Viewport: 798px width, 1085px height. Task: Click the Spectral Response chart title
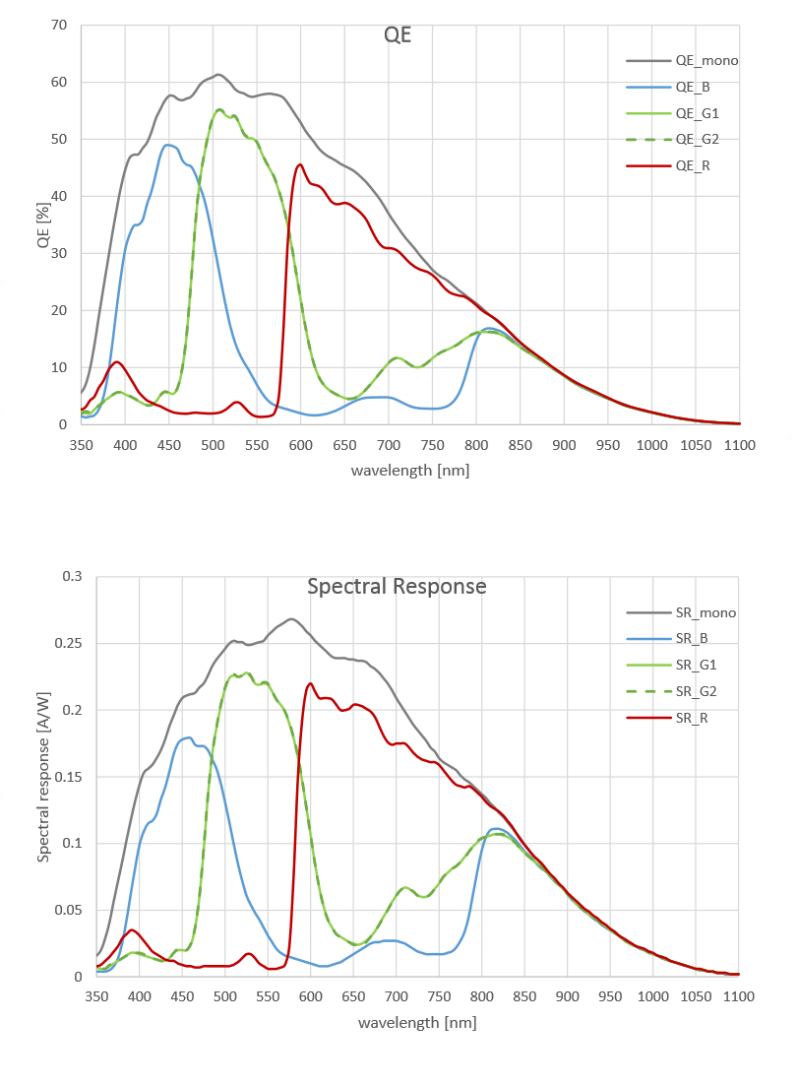(397, 586)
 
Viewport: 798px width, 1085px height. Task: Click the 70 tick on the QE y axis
(58, 24)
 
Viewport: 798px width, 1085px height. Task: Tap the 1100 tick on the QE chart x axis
(739, 445)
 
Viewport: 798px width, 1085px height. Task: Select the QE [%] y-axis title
(43, 223)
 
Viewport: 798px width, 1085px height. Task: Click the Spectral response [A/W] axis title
(43, 776)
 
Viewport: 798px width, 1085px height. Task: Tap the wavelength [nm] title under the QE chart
(409, 470)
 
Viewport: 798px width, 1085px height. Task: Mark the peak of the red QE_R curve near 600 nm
(299, 164)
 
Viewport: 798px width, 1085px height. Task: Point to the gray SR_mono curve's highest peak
(291, 618)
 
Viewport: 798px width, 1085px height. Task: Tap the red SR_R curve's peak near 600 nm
(310, 683)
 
